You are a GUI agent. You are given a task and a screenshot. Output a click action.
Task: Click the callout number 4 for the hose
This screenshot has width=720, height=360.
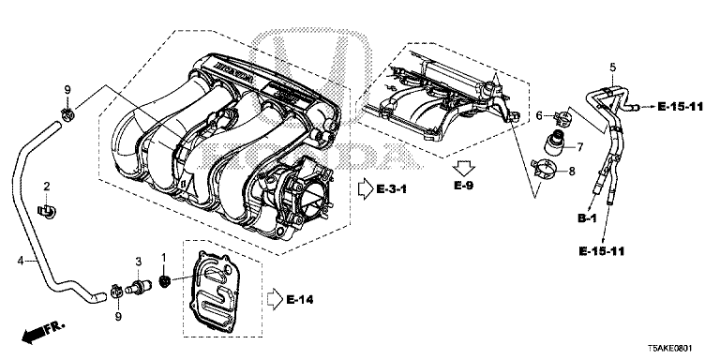tap(20, 261)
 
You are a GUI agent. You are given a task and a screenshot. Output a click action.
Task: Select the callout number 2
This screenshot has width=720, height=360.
tap(46, 186)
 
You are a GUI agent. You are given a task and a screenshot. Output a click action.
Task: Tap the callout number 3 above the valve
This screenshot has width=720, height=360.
tap(138, 262)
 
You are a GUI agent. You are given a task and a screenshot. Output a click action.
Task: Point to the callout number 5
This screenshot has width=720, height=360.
tap(612, 67)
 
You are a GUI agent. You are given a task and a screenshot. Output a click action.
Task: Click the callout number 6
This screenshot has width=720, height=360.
tap(540, 116)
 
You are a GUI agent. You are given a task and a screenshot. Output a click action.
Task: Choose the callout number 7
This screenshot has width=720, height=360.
tap(580, 147)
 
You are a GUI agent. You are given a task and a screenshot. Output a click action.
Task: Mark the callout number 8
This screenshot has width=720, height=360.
tap(572, 172)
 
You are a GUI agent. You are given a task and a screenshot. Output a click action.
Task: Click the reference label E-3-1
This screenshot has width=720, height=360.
tap(392, 188)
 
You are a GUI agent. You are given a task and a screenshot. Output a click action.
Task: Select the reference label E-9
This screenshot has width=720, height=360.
tap(463, 186)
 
